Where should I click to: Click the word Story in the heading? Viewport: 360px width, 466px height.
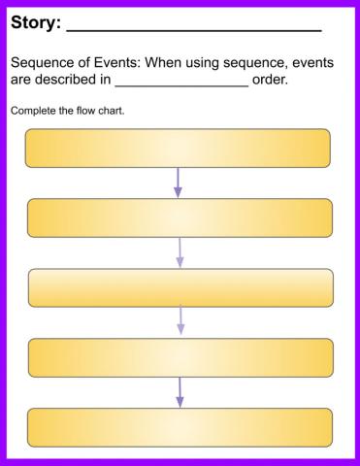pyautogui.click(x=34, y=21)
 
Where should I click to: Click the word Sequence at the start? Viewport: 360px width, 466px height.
pyautogui.click(x=45, y=63)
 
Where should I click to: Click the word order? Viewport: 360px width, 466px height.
pyautogui.click(x=270, y=80)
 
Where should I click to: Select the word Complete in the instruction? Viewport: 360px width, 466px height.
pyautogui.click(x=33, y=110)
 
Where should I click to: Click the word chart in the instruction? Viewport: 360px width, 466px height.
pyautogui.click(x=111, y=110)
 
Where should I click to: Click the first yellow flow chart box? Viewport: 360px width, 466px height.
pyautogui.click(x=178, y=149)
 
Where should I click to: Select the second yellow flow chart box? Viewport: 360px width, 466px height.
pyautogui.click(x=180, y=217)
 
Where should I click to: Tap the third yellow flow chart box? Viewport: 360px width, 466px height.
pyautogui.click(x=180, y=287)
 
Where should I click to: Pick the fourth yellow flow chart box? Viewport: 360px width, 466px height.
pyautogui.click(x=180, y=357)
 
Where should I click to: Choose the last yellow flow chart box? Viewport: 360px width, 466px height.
pyautogui.click(x=180, y=427)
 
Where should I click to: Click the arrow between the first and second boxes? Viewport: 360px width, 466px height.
pyautogui.click(x=178, y=183)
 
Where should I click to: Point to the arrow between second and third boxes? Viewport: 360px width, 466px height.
pyautogui.click(x=180, y=252)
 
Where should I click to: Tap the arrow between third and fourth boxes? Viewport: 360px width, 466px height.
pyautogui.click(x=180, y=322)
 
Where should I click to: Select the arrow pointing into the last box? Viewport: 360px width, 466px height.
pyautogui.click(x=180, y=392)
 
